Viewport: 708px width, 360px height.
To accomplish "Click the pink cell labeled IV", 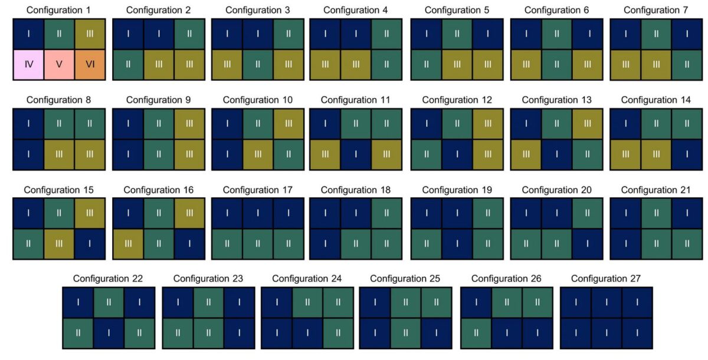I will click(x=28, y=65).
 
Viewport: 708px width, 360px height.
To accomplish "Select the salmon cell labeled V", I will click(x=59, y=65).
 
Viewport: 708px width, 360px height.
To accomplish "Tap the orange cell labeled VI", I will click(x=90, y=65).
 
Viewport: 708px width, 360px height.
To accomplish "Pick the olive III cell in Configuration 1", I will click(x=90, y=34).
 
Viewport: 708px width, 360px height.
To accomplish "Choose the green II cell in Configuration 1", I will click(x=59, y=34).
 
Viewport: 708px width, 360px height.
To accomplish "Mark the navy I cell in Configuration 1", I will click(x=28, y=34).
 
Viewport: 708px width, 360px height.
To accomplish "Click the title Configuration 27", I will click(x=605, y=279).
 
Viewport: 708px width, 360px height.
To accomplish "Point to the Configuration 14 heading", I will click(x=655, y=100).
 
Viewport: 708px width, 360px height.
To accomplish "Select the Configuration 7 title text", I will click(x=655, y=10).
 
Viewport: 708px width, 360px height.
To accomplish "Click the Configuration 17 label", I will click(x=258, y=189).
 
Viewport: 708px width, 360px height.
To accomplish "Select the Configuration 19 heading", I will click(x=457, y=189).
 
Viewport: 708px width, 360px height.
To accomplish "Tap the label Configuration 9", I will click(x=158, y=100).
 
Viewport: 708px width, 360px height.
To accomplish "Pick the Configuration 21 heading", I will click(x=655, y=189).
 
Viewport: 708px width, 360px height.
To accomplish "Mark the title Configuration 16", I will click(x=158, y=189).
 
